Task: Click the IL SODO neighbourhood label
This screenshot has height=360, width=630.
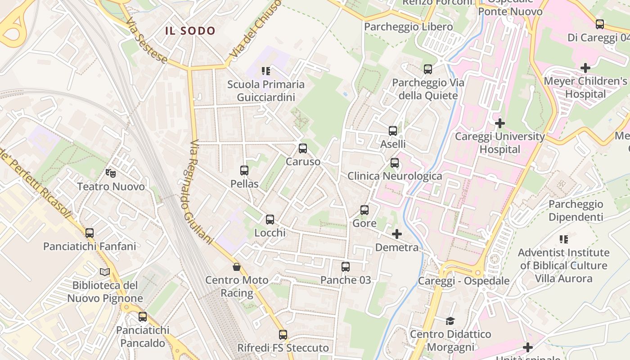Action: [190, 31]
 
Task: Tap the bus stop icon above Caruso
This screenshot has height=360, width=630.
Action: [303, 148]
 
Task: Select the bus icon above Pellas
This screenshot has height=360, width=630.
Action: [244, 171]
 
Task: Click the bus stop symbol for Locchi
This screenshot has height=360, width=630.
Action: [270, 220]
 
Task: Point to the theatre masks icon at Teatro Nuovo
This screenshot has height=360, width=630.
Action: [110, 173]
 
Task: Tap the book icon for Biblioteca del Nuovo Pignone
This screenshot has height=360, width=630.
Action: [105, 272]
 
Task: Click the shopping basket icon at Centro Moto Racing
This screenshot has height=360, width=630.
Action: [237, 267]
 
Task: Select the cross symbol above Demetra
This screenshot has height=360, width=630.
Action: [397, 234]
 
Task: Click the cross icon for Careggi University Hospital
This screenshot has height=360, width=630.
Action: [499, 123]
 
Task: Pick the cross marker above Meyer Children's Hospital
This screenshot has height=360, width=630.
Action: [585, 68]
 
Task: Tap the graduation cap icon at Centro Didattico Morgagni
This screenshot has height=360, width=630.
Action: [450, 321]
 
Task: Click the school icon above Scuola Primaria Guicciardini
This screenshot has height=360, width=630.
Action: [266, 71]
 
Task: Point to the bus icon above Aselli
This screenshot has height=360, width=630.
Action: [393, 131]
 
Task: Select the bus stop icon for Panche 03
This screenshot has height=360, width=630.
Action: [346, 267]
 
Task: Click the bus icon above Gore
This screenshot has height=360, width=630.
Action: [364, 210]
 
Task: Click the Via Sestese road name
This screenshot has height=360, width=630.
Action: [146, 41]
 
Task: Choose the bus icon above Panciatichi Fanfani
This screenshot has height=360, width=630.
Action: [90, 233]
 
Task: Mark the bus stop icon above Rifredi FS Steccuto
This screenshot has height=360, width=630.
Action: [283, 335]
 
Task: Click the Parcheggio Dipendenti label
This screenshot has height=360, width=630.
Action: [576, 211]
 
